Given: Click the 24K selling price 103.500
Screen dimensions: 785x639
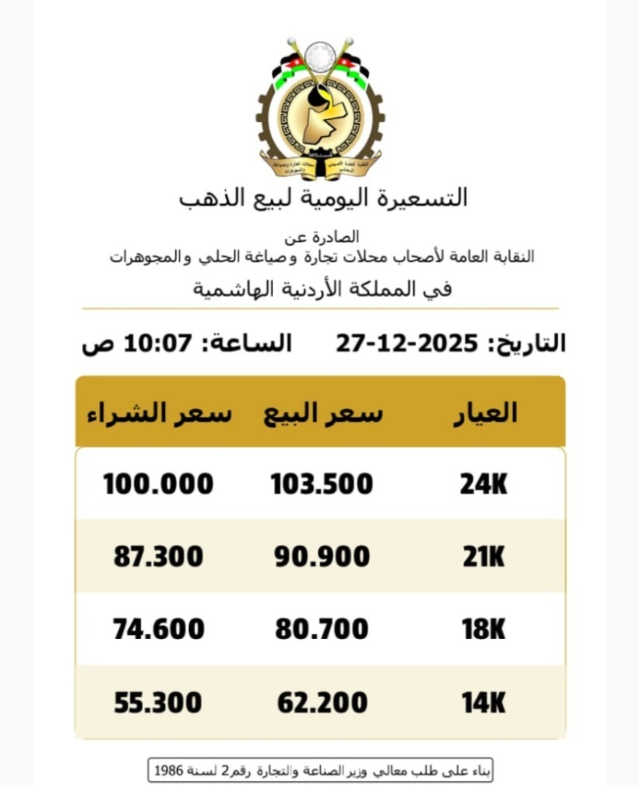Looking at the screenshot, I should pos(321,484).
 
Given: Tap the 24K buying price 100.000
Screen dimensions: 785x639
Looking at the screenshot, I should pos(158,484).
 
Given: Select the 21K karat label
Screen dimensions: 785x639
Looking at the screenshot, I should pos(483,557).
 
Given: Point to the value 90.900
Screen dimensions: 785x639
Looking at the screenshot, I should pos(322,557).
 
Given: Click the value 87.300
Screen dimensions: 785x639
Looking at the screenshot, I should pos(158,557).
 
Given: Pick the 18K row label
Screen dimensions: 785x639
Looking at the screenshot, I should pos(483,629).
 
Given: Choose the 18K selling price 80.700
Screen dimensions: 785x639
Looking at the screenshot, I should pos(322,629).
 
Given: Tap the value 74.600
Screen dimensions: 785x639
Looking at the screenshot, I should pos(158,629).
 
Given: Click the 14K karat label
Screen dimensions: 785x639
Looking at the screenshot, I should pos(483,702).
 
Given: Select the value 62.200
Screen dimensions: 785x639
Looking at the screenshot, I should pos(322,702).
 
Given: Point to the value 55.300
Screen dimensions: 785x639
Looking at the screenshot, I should pos(158,702).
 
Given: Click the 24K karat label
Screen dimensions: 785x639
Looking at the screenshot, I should pos(483,484).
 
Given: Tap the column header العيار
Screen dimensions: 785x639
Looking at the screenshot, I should pos(486,413).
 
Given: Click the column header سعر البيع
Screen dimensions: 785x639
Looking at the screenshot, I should pos(323,413).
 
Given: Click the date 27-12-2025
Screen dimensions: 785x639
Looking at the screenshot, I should pos(407,343).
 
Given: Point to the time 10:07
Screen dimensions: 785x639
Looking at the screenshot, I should pos(158,343).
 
